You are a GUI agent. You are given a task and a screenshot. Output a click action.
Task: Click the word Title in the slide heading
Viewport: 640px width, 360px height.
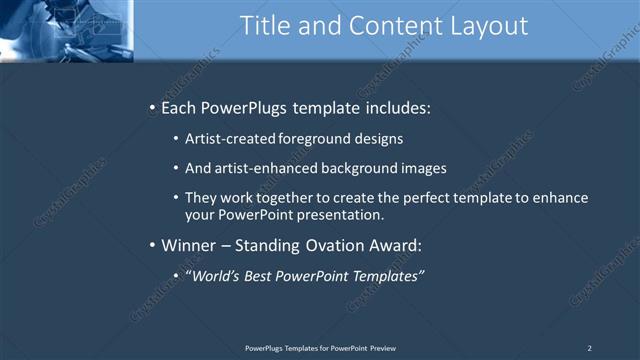click(265, 27)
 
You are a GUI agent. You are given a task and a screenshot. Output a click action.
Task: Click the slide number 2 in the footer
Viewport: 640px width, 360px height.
click(590, 347)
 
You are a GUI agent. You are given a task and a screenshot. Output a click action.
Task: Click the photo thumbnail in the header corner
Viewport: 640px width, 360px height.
click(66, 30)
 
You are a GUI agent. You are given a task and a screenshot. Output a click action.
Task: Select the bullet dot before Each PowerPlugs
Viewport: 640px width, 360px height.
click(151, 107)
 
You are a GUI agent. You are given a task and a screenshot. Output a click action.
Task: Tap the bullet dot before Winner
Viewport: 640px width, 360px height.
click(151, 245)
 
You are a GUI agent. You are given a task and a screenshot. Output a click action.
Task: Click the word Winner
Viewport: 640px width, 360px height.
click(188, 245)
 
